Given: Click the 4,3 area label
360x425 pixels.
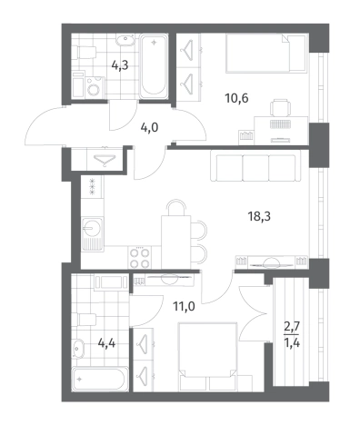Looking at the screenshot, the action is tap(120, 65).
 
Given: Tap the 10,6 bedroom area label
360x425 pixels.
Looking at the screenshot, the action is tap(236, 98).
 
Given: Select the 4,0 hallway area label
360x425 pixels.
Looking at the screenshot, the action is tap(149, 128).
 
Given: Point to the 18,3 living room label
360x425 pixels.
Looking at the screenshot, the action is tap(259, 216).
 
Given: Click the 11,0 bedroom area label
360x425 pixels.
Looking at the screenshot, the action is tap(184, 307).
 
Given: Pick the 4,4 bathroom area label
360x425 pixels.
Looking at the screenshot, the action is tap(106, 343).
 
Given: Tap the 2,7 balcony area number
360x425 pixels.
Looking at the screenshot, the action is tap(292, 326).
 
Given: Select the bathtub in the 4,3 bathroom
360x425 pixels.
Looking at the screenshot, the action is tap(154, 65).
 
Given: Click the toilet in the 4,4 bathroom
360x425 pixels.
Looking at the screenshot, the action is tap(87, 320).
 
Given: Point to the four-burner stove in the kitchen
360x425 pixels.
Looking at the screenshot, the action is tap(140, 257).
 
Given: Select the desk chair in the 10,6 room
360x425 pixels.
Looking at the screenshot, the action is tap(280, 107).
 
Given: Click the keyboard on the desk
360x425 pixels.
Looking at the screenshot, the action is tap(280, 124).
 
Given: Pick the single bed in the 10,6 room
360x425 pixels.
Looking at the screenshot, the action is tap(265, 54).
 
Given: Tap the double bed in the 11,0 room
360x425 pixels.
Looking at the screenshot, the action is tap(208, 357).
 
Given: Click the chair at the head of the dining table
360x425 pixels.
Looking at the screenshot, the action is tap(176, 208).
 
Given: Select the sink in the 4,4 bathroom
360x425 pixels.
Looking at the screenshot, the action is tap(78, 349).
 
